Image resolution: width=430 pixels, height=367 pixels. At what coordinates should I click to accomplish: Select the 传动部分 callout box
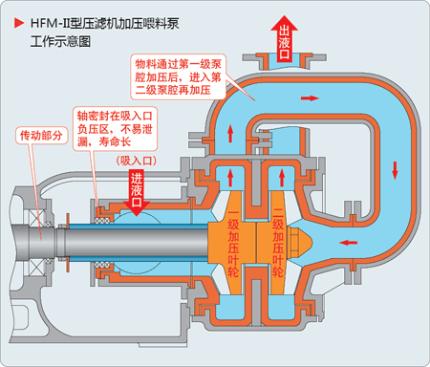click(42, 136)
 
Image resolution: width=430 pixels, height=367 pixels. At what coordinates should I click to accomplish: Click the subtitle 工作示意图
click(64, 42)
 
